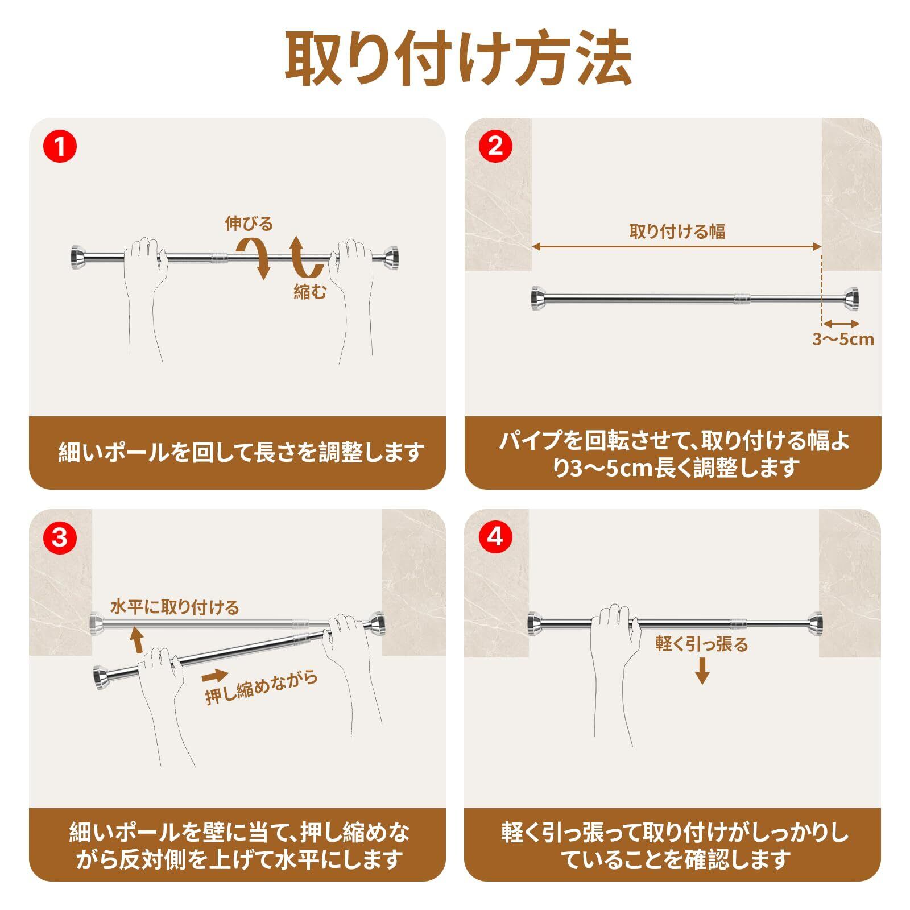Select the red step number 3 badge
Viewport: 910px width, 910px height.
tap(60, 537)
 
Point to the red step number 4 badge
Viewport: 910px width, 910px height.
tap(495, 537)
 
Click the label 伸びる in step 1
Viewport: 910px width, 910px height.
tap(249, 224)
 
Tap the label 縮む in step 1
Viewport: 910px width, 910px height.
tap(311, 292)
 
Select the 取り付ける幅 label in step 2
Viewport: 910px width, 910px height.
tap(677, 231)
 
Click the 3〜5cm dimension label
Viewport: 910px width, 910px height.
tap(843, 340)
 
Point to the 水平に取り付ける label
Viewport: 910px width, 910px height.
tap(175, 607)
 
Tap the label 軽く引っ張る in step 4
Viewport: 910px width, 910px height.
tap(702, 644)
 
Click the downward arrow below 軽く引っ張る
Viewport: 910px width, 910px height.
tap(703, 671)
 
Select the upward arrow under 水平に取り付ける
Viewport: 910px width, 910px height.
tap(136, 639)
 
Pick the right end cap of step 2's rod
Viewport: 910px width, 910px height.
tap(851, 299)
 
